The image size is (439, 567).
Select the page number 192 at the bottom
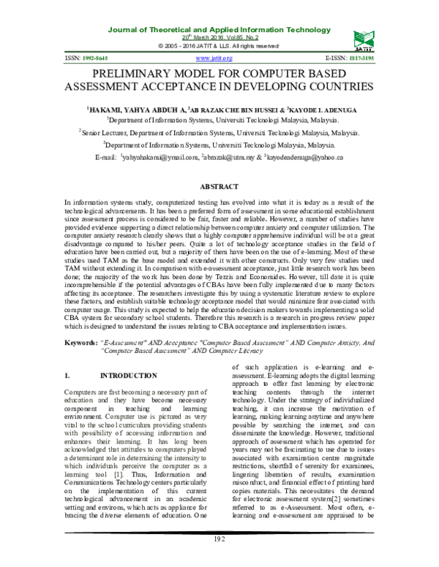tap(219, 559)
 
